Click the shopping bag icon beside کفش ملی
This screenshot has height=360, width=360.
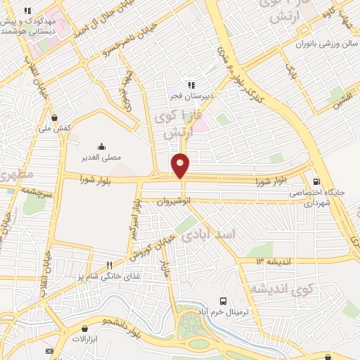(x=55, y=118)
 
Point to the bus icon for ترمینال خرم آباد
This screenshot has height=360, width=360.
(x=223, y=299)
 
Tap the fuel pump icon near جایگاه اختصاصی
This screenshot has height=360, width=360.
(x=316, y=179)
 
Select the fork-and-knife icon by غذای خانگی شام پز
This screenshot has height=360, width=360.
(x=109, y=265)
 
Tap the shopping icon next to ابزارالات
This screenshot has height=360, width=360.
(x=85, y=328)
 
